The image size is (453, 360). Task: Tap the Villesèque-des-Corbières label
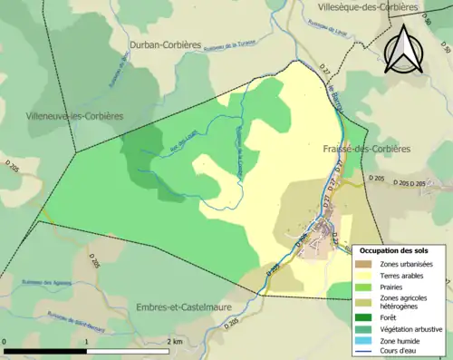tap(367, 6)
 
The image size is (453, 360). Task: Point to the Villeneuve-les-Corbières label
tap(63, 115)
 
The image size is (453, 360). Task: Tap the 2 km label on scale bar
tap(174, 341)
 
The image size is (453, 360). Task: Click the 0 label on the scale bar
tap(5, 341)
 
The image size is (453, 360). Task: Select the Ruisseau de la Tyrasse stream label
tap(231, 44)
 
